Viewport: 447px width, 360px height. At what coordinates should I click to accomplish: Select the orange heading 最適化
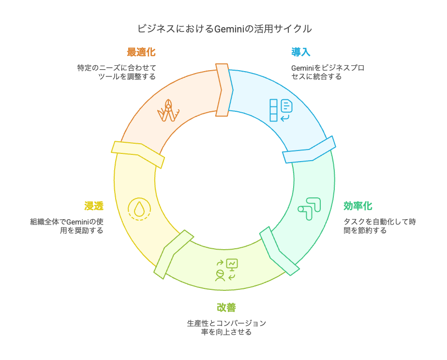141,52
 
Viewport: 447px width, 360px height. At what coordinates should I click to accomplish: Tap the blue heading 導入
301,52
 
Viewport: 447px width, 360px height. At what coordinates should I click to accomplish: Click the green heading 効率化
358,206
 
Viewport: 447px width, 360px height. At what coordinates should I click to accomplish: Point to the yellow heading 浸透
94,206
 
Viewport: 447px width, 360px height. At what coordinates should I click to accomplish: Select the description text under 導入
328,72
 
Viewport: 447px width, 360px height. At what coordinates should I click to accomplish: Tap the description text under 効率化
380,226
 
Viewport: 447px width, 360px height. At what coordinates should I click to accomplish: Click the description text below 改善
226,328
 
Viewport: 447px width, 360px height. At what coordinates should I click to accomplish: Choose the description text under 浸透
67,226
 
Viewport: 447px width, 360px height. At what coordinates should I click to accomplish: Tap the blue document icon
281,110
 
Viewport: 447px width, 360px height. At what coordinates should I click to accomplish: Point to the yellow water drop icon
139,209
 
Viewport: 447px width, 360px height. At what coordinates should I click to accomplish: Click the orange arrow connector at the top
223,90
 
